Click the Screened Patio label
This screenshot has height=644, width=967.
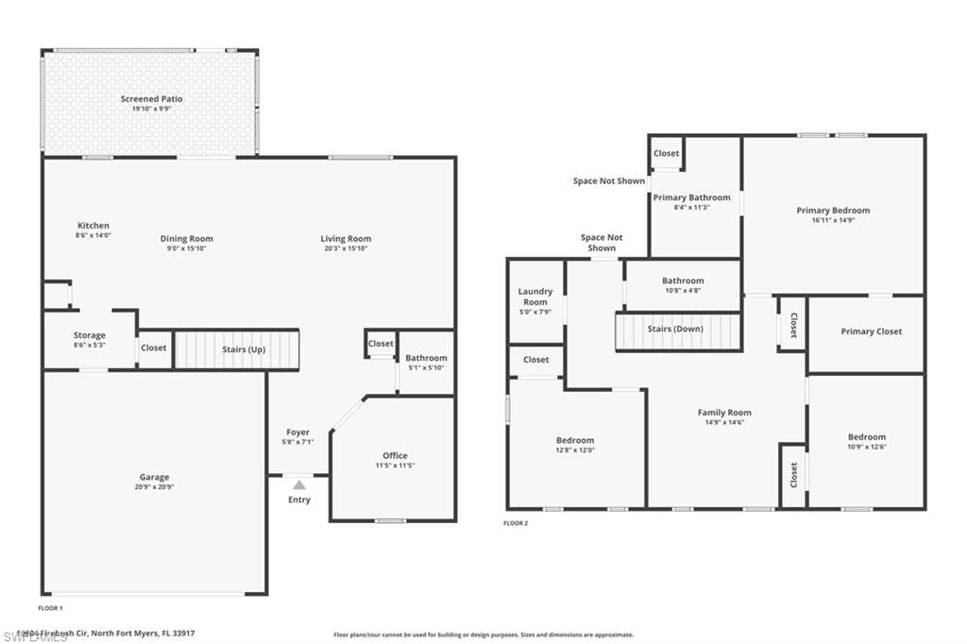pos(151,98)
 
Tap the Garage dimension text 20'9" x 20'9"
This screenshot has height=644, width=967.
pos(154,488)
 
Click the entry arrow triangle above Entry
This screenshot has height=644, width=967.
pos(298,484)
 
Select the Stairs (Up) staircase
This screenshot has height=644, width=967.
pos(237,349)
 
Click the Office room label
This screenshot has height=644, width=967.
pos(395,456)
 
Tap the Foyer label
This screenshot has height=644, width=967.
pos(298,432)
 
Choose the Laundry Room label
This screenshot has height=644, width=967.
pos(535,297)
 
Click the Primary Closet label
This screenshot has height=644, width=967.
pos(871,331)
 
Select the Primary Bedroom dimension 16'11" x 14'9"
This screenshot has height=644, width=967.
pos(832,220)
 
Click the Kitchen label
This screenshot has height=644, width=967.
pos(93,226)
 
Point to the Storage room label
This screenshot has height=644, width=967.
pos(90,335)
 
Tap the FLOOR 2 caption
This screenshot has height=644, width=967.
pos(515,522)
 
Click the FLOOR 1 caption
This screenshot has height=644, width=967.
pos(50,608)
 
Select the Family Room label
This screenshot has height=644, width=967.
pos(724,413)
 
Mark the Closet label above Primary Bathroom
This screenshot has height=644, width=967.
pos(667,153)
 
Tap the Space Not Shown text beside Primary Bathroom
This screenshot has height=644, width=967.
pos(609,180)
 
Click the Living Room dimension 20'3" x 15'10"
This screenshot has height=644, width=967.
pos(346,248)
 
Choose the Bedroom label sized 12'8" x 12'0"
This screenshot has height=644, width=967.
pos(574,440)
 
